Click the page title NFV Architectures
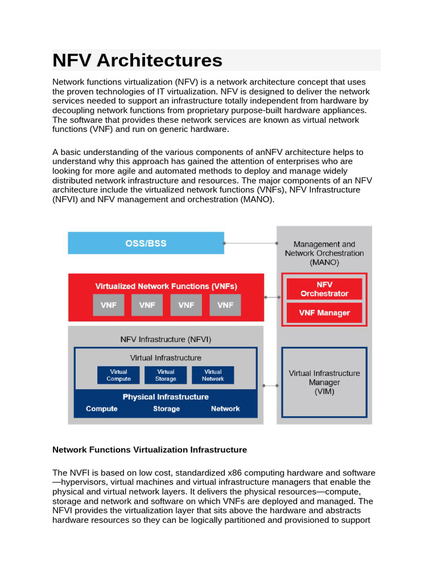point(138,60)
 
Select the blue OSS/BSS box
point(145,243)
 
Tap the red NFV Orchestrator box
point(324,289)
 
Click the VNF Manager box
point(324,313)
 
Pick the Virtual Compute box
point(118,375)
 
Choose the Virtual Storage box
point(165,375)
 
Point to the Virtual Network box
point(213,375)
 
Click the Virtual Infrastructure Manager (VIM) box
point(324,382)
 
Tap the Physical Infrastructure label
point(165,397)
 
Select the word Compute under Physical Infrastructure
point(101,409)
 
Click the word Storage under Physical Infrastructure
point(166,409)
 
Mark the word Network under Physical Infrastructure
point(225,409)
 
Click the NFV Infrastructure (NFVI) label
point(165,339)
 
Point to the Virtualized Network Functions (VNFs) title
point(166,286)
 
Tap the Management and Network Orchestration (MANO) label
point(324,253)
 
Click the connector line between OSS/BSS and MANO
point(250,243)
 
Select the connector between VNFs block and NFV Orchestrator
point(272,297)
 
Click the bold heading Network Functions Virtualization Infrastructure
point(149,450)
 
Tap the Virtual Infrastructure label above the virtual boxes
point(165,358)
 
